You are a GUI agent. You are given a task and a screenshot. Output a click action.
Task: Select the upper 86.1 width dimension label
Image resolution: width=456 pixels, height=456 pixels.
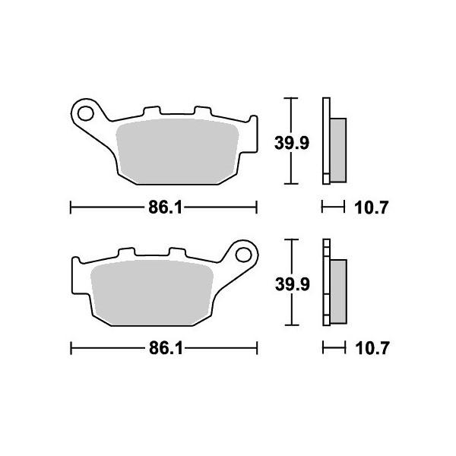point(163,207)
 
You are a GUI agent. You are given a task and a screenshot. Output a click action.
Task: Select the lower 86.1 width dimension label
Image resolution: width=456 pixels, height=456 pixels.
point(163,349)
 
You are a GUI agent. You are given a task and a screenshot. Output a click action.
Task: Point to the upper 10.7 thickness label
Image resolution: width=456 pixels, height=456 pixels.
point(372,207)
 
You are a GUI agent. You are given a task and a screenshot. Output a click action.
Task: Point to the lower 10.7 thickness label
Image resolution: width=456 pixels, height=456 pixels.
point(372,349)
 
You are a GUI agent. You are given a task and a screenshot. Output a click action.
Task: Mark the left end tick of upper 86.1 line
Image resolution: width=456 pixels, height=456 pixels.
point(71,207)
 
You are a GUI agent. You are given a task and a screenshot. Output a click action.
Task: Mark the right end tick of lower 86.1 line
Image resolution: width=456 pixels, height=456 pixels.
point(257,349)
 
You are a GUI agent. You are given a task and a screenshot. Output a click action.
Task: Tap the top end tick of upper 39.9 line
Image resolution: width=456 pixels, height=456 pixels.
point(288,98)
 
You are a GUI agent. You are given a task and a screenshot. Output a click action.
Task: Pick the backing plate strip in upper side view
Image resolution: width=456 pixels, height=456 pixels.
point(327,141)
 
